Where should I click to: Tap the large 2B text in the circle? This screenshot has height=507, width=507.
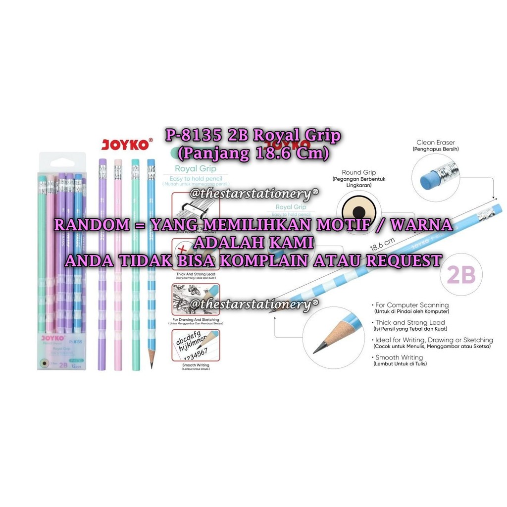(x=461, y=275)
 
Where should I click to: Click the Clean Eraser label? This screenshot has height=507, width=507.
(x=436, y=142)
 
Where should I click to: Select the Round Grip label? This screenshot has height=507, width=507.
(x=359, y=173)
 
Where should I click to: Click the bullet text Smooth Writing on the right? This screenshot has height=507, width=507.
(x=399, y=357)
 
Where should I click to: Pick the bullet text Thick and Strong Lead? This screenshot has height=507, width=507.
(x=410, y=323)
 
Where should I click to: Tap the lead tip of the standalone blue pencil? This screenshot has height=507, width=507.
(x=152, y=366)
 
